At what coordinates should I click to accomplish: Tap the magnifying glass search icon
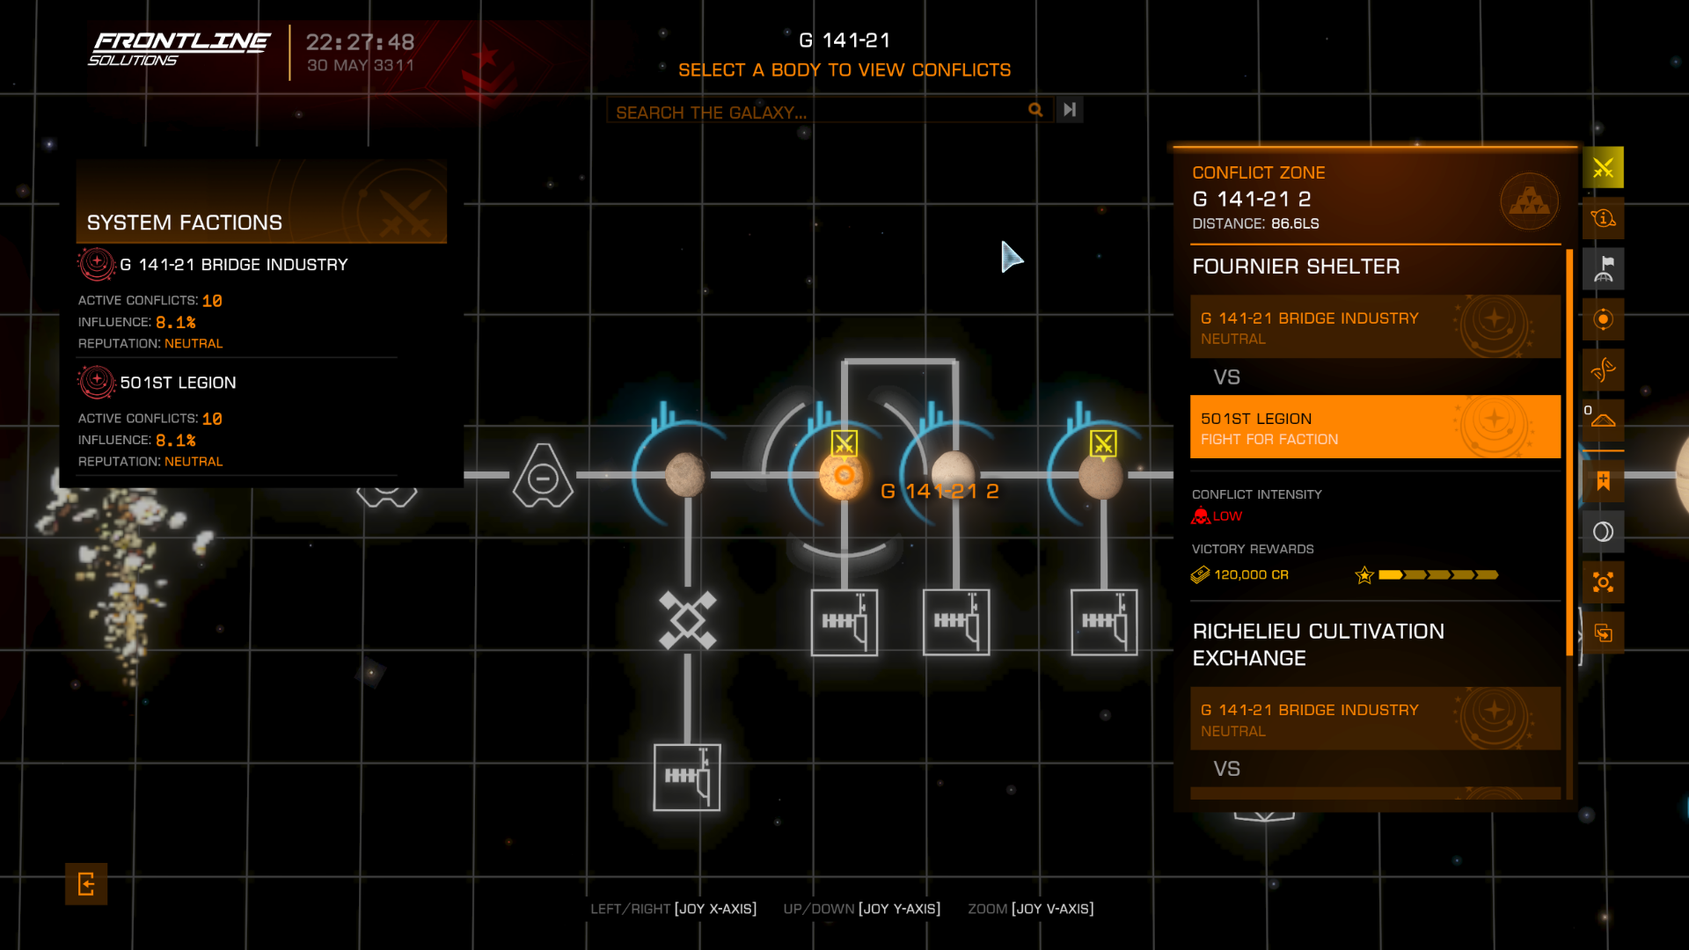tap(1035, 110)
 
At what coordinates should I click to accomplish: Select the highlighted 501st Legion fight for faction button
tap(1374, 427)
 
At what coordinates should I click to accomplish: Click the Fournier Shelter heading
tap(1295, 267)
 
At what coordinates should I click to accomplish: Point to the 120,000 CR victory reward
tap(1250, 575)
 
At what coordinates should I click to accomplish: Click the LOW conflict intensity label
tap(1226, 516)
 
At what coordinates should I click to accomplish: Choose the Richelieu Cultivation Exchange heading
tap(1318, 645)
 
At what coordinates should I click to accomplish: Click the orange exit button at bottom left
tap(86, 884)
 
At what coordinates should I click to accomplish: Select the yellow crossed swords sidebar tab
tap(1603, 168)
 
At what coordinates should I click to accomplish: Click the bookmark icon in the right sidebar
tap(1603, 481)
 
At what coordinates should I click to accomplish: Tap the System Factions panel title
tap(185, 223)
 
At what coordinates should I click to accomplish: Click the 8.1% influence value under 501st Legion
tap(175, 441)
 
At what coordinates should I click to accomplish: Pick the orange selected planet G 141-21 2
tap(843, 476)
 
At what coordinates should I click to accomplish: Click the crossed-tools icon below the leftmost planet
tap(687, 621)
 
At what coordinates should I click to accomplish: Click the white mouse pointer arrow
tap(1010, 256)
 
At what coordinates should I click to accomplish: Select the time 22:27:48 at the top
tap(360, 42)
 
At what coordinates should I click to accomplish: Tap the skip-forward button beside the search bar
tap(1070, 110)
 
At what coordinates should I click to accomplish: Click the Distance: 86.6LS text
tap(1255, 224)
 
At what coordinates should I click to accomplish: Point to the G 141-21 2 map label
tap(940, 492)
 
